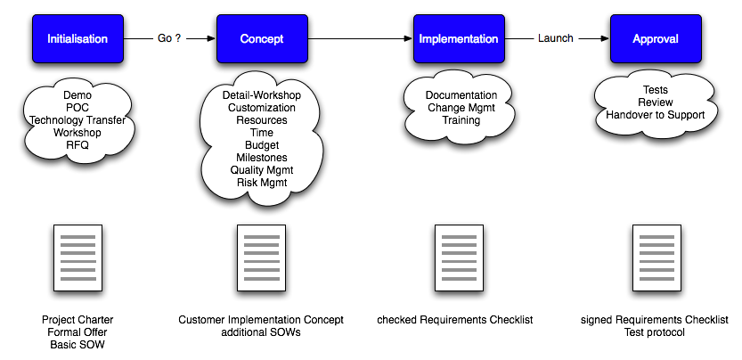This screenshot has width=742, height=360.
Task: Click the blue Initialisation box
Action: point(77,38)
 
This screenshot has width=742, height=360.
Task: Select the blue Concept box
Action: point(262,38)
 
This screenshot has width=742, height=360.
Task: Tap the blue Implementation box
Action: point(459,38)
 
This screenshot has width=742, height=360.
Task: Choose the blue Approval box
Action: point(656,38)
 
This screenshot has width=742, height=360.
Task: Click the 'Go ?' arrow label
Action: point(169,38)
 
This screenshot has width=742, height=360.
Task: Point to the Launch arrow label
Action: point(556,38)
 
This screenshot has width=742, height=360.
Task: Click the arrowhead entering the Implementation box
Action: point(408,38)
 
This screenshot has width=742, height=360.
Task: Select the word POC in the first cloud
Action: point(77,108)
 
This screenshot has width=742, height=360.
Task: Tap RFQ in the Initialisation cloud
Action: point(77,145)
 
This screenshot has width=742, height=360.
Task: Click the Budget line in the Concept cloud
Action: point(262,145)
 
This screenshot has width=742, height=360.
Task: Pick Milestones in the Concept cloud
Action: point(262,157)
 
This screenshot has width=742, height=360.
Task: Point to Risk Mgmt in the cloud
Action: point(262,182)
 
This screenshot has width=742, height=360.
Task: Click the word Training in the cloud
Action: point(461,120)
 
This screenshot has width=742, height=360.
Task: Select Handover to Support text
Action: point(656,115)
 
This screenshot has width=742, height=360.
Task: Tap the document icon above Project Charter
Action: point(77,258)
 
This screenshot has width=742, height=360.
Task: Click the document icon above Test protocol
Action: point(656,258)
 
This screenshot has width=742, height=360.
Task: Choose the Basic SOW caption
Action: point(77,344)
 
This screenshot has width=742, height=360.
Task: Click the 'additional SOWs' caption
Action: point(261,332)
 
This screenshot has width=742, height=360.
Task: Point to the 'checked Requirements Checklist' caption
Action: point(455,320)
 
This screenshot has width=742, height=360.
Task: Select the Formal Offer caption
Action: point(77,332)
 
